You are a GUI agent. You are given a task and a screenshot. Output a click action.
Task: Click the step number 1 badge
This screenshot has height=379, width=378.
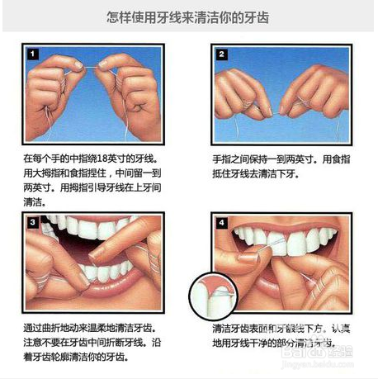pos(34,55)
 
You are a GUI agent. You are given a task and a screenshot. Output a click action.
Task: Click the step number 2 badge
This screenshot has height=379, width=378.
pos(222,54)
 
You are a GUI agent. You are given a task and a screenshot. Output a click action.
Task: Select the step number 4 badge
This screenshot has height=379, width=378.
pos(222,223)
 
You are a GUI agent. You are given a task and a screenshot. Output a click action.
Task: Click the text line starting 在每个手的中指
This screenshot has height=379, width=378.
pos(91,157)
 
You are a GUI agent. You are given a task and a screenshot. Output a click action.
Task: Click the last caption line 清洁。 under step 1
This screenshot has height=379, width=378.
pos(35,201)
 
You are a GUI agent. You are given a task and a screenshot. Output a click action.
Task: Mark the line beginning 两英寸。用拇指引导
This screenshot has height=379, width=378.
pos(91,187)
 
